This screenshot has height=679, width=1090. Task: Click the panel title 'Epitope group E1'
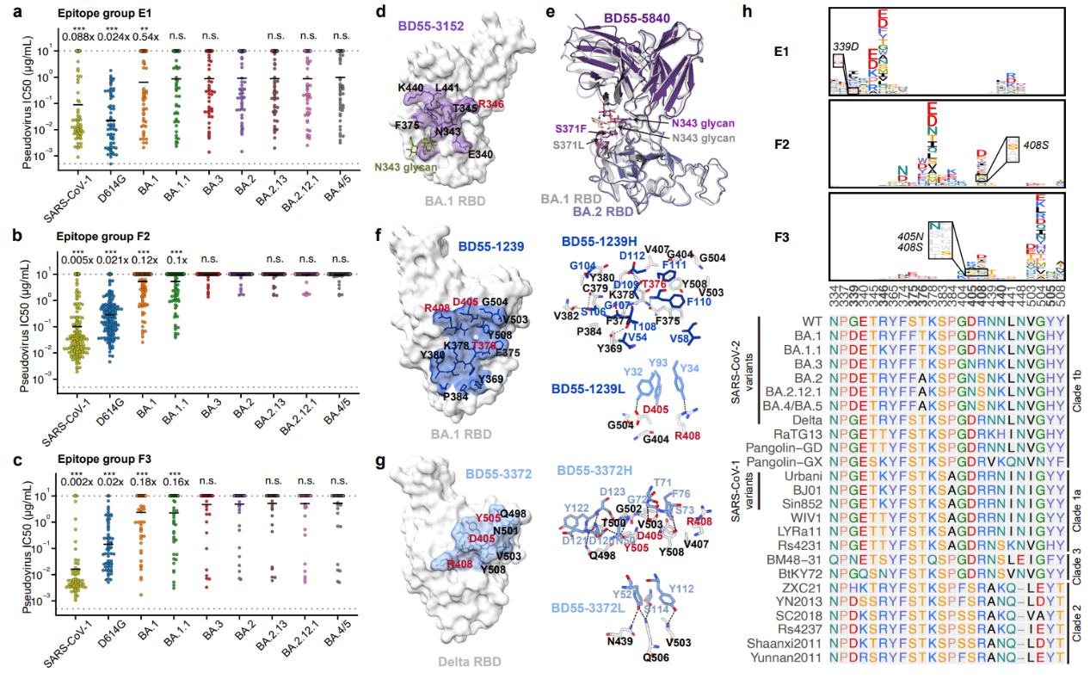coord(95,14)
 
